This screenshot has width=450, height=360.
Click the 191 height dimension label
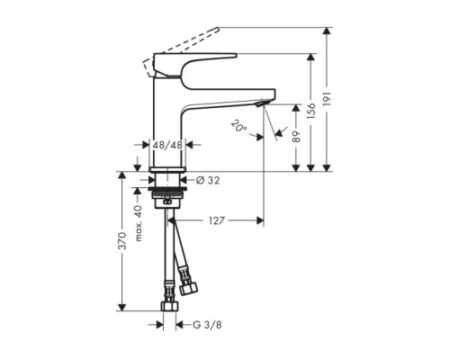point(327,98)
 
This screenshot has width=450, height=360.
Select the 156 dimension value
point(311,111)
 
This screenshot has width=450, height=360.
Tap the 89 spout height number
point(296,137)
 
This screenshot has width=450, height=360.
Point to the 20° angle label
point(238,126)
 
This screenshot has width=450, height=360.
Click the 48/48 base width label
point(167,145)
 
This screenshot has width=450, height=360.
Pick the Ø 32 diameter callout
point(208,180)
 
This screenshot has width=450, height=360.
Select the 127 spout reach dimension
point(216,220)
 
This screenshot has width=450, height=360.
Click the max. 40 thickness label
point(138,223)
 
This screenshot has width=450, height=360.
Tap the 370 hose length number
point(122,240)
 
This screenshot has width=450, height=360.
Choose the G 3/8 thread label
point(207,325)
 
